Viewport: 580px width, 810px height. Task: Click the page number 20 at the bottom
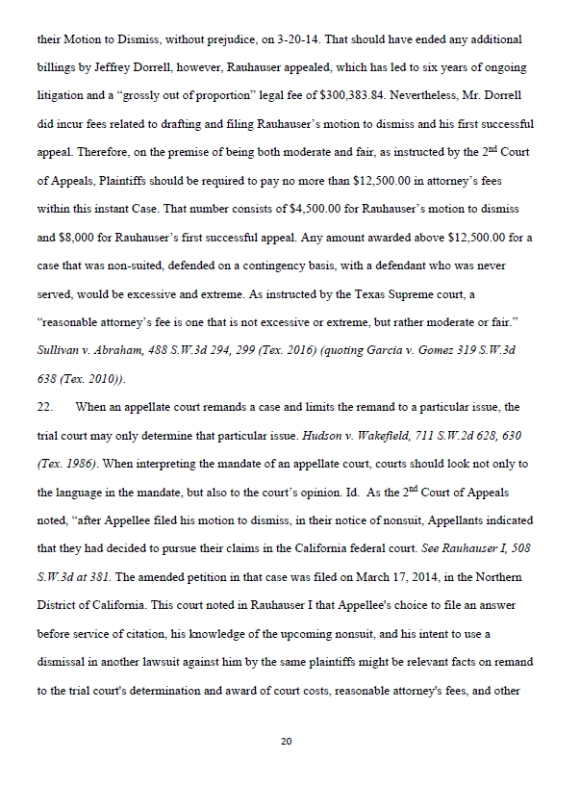click(286, 742)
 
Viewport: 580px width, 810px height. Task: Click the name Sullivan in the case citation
click(56, 350)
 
